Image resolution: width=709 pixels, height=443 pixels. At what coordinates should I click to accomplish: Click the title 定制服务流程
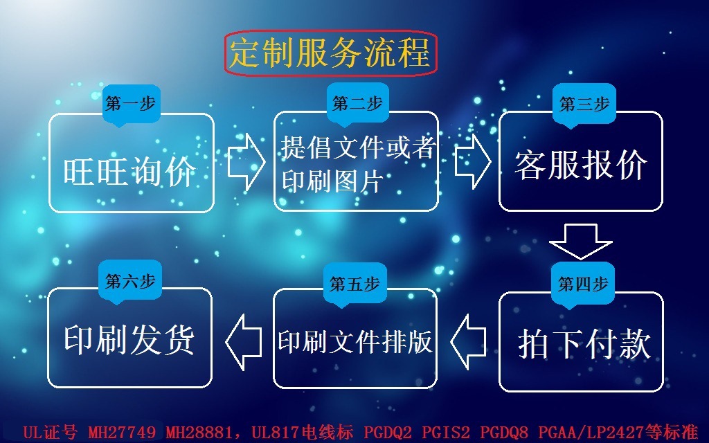pyautogui.click(x=330, y=53)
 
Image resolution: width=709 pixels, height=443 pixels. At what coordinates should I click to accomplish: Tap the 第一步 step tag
pyautogui.click(x=129, y=104)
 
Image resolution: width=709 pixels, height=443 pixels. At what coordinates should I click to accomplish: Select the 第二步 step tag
pyautogui.click(x=357, y=104)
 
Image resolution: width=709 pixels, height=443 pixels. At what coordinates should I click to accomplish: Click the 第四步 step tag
pyautogui.click(x=583, y=284)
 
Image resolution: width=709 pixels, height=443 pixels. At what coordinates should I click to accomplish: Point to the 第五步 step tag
pyautogui.click(x=354, y=284)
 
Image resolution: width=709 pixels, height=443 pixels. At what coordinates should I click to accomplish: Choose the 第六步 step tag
pyautogui.click(x=129, y=281)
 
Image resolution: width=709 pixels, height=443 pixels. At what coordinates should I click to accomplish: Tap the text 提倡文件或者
pyautogui.click(x=357, y=147)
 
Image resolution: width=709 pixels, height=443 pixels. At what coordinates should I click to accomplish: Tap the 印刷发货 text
pyautogui.click(x=129, y=339)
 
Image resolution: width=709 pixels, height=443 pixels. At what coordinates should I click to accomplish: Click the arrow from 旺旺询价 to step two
pyautogui.click(x=246, y=162)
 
